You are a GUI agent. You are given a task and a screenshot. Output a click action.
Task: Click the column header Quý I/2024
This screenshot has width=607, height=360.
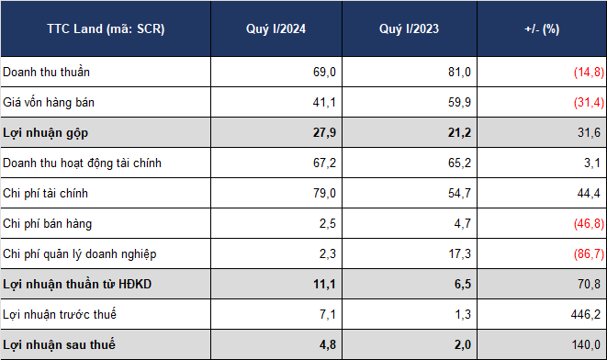click(x=275, y=29)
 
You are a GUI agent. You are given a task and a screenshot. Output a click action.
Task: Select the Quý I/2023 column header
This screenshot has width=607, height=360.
click(x=410, y=29)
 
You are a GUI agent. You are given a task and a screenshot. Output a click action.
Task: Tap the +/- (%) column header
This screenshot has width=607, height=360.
click(x=542, y=29)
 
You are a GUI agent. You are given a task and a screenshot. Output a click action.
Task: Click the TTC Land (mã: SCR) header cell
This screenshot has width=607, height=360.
click(x=106, y=29)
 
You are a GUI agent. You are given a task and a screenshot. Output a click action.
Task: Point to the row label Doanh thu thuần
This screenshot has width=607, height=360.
click(x=46, y=72)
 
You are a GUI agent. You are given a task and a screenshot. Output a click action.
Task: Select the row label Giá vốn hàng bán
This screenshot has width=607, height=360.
click(x=49, y=102)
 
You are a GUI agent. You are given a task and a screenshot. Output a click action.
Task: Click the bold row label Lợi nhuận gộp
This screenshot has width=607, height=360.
click(x=45, y=133)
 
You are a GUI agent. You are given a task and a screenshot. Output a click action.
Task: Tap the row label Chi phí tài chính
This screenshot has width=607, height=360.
click(x=45, y=193)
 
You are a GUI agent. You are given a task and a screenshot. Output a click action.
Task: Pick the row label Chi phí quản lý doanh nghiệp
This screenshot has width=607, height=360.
click(x=79, y=254)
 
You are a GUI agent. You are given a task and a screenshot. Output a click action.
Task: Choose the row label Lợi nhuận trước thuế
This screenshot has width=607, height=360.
click(x=59, y=314)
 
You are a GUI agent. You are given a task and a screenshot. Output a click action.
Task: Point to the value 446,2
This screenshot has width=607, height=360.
click(x=585, y=314)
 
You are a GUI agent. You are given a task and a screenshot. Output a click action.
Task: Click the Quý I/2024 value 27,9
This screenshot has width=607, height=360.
click(x=324, y=133)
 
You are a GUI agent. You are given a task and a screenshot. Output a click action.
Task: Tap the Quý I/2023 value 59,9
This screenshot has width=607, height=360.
click(x=459, y=102)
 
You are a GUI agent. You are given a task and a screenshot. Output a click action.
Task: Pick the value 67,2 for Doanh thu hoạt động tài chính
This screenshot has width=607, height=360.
click(x=324, y=163)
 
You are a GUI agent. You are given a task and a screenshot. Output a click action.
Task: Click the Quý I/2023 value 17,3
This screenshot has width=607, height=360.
click(x=459, y=254)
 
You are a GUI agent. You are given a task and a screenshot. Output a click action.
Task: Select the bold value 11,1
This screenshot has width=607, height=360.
click(x=324, y=284)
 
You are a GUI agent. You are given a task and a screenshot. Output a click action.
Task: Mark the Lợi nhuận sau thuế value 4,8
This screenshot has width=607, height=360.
click(x=328, y=345)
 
